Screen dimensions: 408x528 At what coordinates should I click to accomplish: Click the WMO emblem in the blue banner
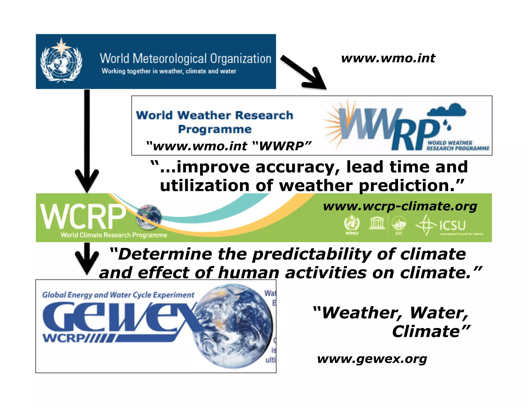61,61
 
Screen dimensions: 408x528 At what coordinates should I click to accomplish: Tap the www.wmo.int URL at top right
388,58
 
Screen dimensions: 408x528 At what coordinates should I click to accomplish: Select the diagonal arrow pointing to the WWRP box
303,72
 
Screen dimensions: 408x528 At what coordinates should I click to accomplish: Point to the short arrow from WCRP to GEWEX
87,258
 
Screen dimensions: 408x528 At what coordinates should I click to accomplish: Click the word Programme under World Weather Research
214,129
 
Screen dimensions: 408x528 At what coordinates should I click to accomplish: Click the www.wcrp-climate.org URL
400,206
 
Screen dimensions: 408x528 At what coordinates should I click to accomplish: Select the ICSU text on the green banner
452,225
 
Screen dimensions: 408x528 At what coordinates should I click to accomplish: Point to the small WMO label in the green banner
352,233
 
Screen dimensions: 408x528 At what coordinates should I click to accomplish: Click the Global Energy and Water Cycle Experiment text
118,295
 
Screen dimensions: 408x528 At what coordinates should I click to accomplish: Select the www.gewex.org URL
372,359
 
